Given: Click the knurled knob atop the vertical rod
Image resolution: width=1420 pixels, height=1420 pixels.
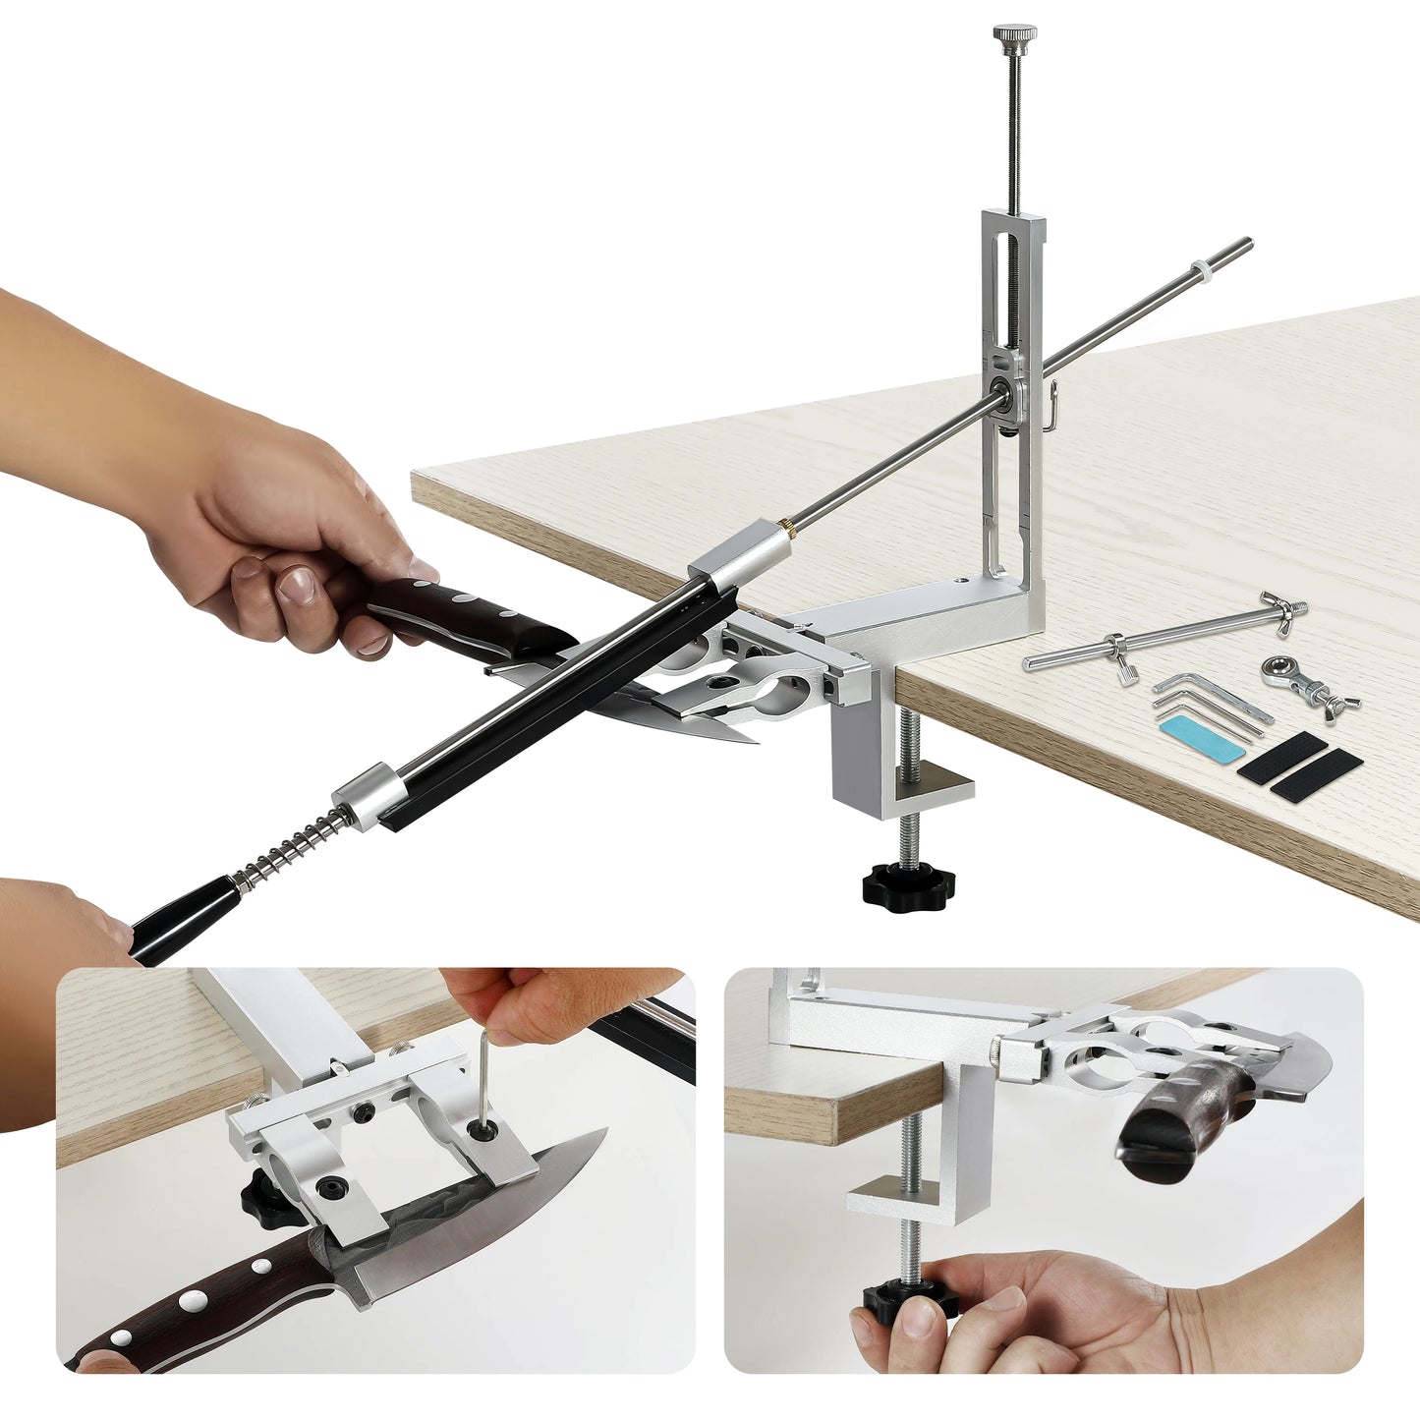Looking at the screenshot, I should [x=1013, y=38].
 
